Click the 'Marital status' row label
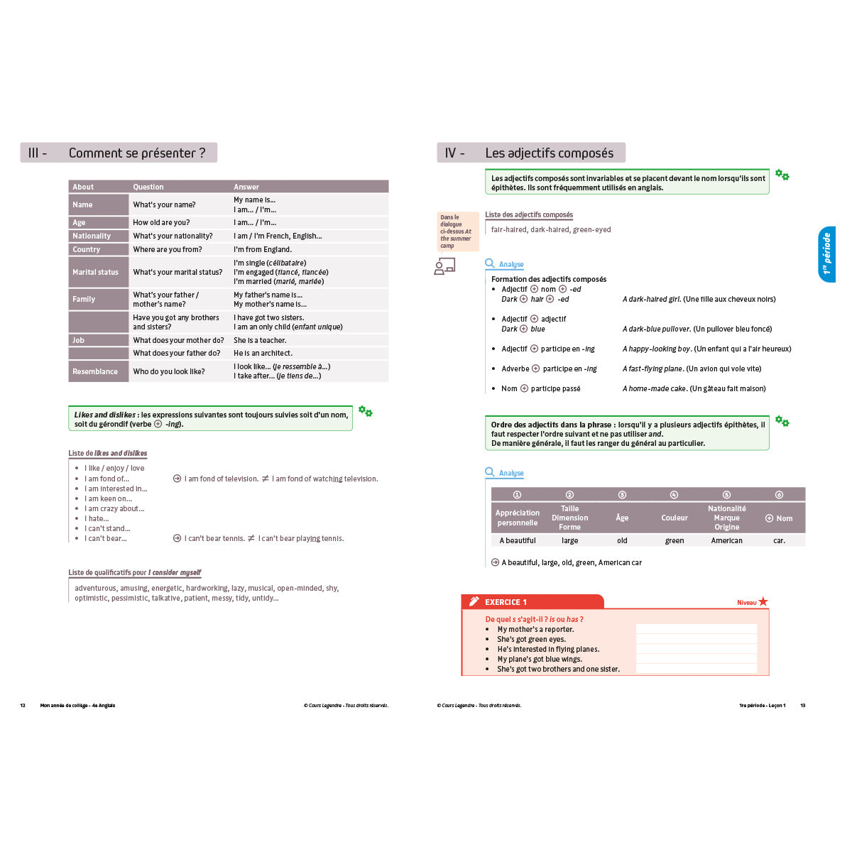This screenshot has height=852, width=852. click(x=95, y=272)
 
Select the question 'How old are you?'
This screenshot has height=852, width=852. click(x=161, y=222)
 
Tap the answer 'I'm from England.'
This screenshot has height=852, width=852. click(x=263, y=249)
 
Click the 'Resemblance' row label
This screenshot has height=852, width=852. click(x=95, y=371)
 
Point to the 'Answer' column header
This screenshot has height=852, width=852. click(x=246, y=187)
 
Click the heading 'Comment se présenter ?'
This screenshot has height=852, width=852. click(x=137, y=153)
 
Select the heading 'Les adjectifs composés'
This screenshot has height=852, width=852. click(x=549, y=153)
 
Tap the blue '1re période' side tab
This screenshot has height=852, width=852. click(x=826, y=253)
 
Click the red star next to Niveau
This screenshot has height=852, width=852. click(x=763, y=601)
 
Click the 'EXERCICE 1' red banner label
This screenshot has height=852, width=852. click(x=506, y=602)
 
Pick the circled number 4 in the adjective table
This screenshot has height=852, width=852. click(x=674, y=495)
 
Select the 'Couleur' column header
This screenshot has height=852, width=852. click(x=674, y=518)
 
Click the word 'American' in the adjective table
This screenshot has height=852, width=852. click(x=726, y=540)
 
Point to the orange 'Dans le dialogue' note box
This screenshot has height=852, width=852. click(x=456, y=231)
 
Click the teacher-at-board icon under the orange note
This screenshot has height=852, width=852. click(x=444, y=266)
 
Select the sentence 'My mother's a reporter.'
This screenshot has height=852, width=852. click(x=535, y=629)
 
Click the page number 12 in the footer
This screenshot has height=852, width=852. click(x=23, y=705)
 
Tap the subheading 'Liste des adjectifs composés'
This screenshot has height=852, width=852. click(x=529, y=214)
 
